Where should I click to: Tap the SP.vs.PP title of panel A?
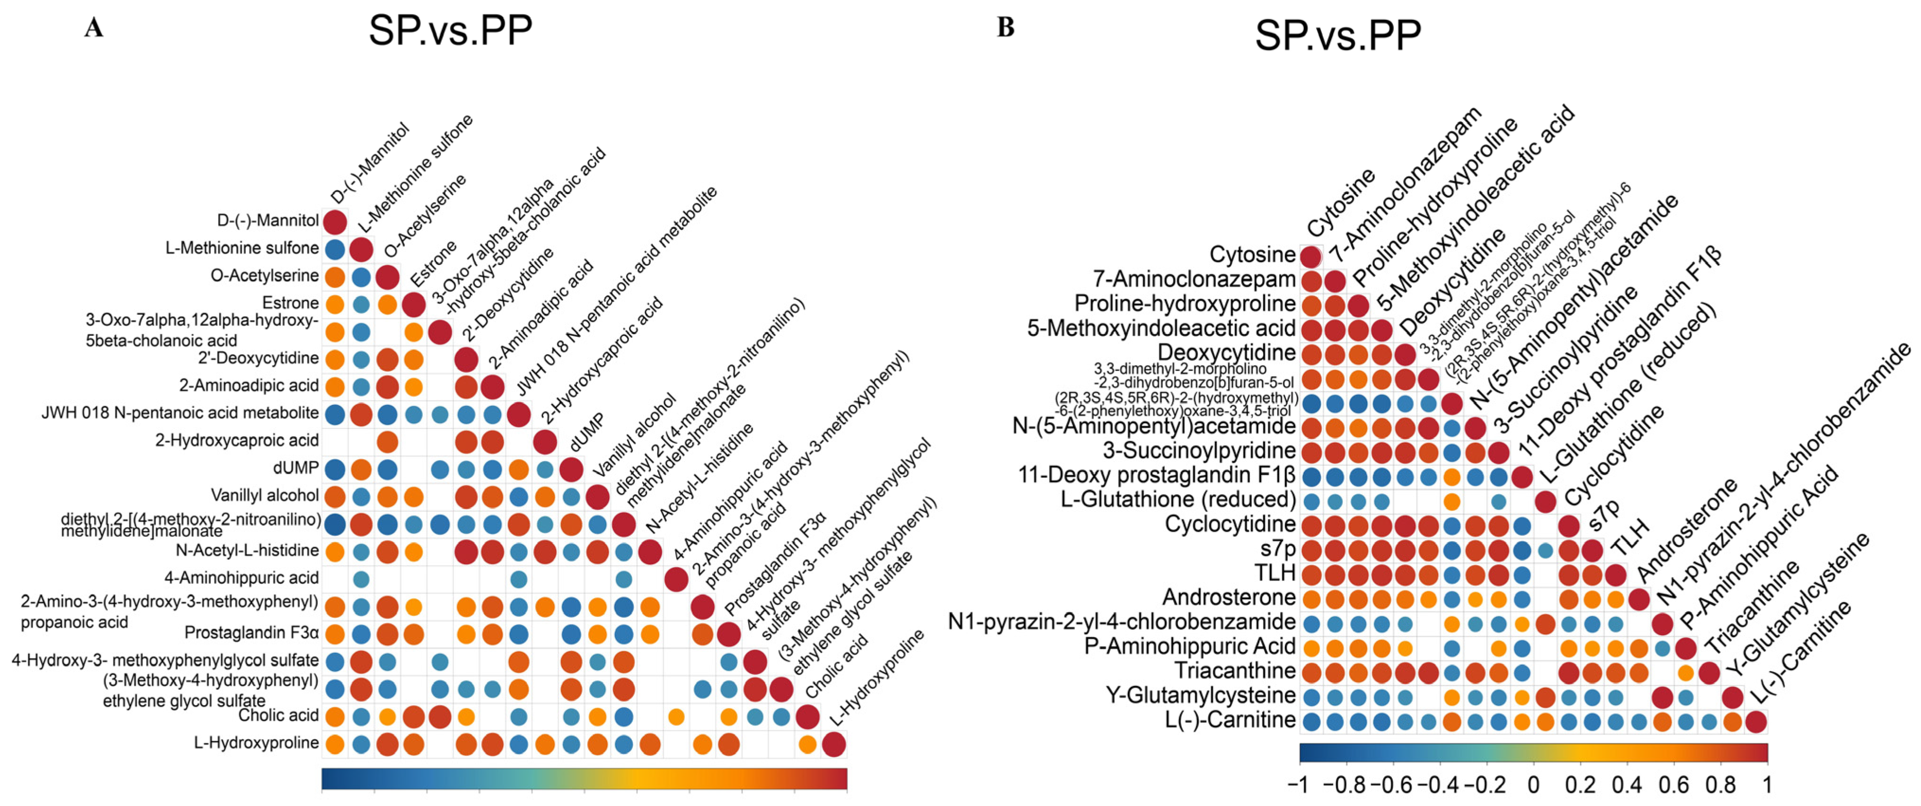[450, 31]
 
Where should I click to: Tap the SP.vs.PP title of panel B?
[1338, 35]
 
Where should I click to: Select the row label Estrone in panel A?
[290, 303]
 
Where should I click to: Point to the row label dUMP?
[296, 467]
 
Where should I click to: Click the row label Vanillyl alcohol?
[265, 495]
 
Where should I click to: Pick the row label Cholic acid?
[278, 715]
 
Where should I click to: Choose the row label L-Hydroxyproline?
[256, 743]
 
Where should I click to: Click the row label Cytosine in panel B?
[1252, 254]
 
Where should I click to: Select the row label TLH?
[1275, 573]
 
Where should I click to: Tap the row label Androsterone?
[1229, 597]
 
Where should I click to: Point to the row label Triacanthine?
[1235, 670]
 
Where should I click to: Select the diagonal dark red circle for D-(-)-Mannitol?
[335, 221]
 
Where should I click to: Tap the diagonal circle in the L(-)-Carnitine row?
[1755, 722]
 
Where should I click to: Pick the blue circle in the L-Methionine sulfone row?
[335, 249]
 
